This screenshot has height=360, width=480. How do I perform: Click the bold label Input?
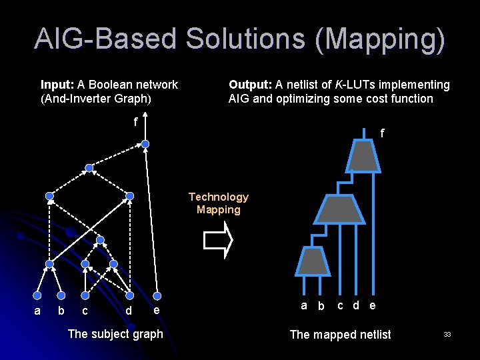[x=57, y=85]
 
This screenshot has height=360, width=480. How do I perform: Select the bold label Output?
[x=250, y=85]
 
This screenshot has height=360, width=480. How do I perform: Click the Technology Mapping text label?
[x=218, y=203]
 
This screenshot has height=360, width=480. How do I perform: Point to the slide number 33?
[x=447, y=334]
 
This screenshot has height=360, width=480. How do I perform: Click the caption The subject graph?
[x=115, y=333]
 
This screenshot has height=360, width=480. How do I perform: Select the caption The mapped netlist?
[x=340, y=334]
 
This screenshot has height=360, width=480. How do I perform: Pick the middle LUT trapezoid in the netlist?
[x=339, y=209]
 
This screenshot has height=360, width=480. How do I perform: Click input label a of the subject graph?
[x=37, y=311]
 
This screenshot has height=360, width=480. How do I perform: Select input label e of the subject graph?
[x=155, y=310]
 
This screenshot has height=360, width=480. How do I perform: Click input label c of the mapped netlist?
[x=340, y=305]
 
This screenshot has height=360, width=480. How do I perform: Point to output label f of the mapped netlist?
[x=382, y=133]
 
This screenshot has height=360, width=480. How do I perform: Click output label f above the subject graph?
[x=135, y=122]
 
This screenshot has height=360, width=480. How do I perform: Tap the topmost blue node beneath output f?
[x=145, y=143]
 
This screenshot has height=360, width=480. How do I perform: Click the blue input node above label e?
[x=157, y=295]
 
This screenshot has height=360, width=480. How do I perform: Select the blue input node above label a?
[x=38, y=295]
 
